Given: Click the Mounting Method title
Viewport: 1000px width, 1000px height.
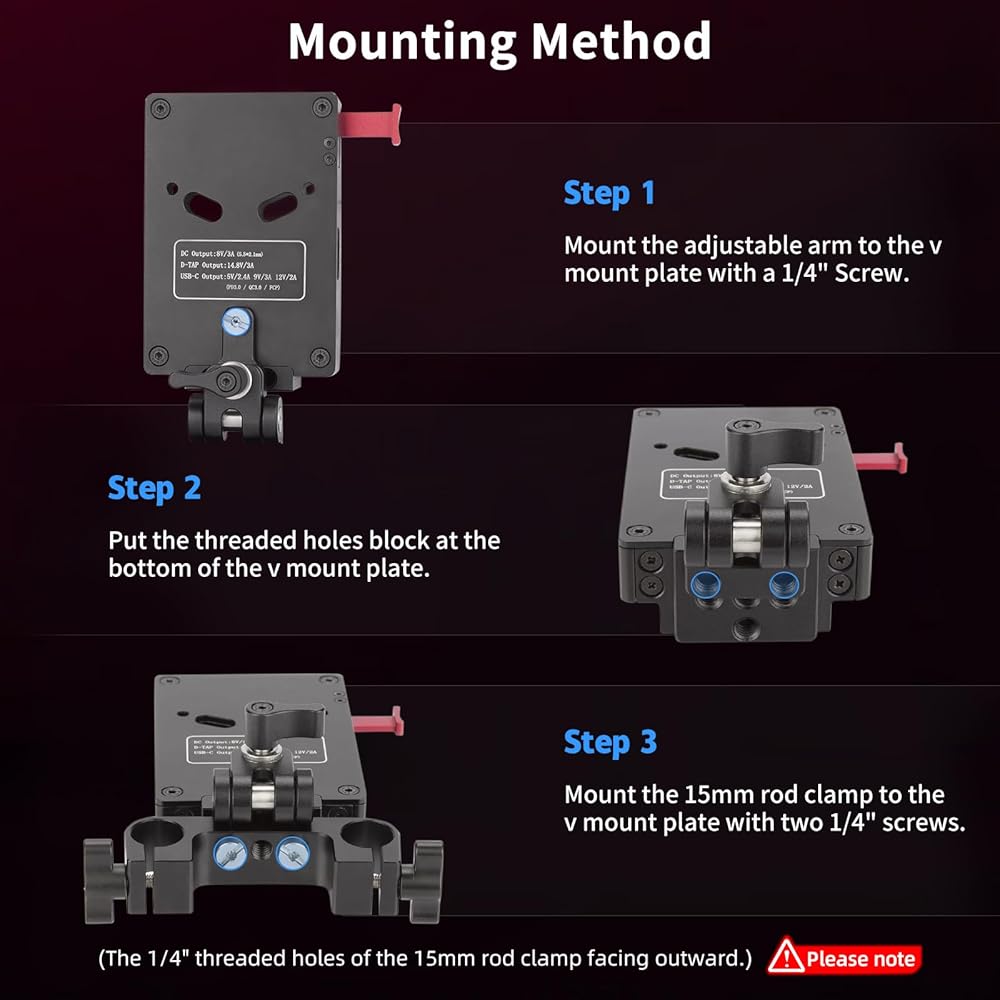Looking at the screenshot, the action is tap(499, 42).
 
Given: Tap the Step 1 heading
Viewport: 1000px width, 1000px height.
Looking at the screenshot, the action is tap(609, 192).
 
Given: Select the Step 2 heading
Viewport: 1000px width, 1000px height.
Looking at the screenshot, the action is tap(154, 488).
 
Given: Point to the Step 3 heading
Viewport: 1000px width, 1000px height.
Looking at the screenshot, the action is tap(610, 742).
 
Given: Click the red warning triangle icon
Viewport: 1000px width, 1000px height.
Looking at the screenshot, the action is tap(786, 957).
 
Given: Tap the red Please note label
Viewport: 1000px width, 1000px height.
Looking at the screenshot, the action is tap(860, 959).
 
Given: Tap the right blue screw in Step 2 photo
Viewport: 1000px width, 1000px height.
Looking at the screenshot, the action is tap(782, 582).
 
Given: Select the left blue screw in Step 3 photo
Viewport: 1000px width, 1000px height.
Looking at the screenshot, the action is tap(229, 852).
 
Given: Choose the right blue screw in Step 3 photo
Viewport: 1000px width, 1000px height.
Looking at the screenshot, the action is tap(293, 852).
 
